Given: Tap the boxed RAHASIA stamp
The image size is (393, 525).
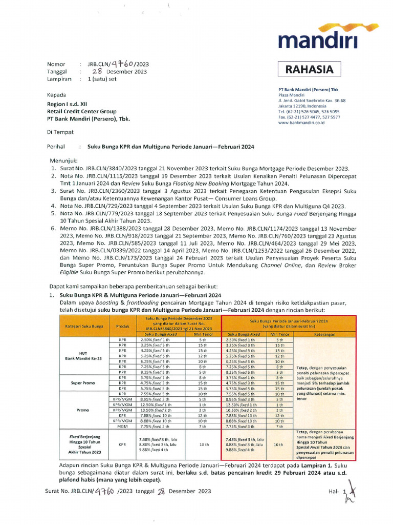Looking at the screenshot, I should [309, 69].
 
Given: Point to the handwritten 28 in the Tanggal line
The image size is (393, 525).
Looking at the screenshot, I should [98, 72].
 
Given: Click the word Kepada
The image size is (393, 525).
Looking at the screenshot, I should [56, 95].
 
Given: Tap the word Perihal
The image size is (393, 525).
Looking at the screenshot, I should [58, 147].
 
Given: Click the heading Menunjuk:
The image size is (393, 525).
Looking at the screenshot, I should [64, 160].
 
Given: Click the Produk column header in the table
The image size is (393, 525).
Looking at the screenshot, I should [122, 326].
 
